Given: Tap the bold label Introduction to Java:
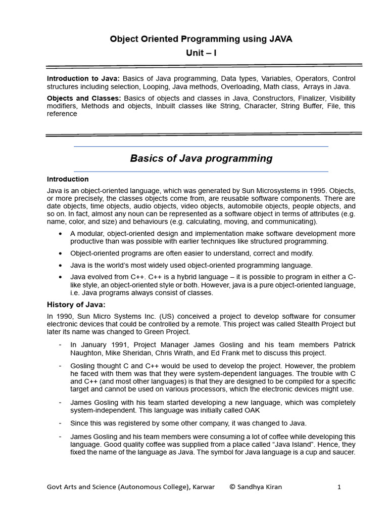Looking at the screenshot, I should coord(83,79).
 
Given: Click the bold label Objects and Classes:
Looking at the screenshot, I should coord(83,98).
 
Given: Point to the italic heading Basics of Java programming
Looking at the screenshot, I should coord(201,158).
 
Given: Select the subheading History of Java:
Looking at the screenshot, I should coord(76,305).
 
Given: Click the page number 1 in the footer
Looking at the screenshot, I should coord(339,487).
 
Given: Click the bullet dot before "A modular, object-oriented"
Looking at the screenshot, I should coord(61,234).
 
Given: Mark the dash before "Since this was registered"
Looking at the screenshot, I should coord(60,423).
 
